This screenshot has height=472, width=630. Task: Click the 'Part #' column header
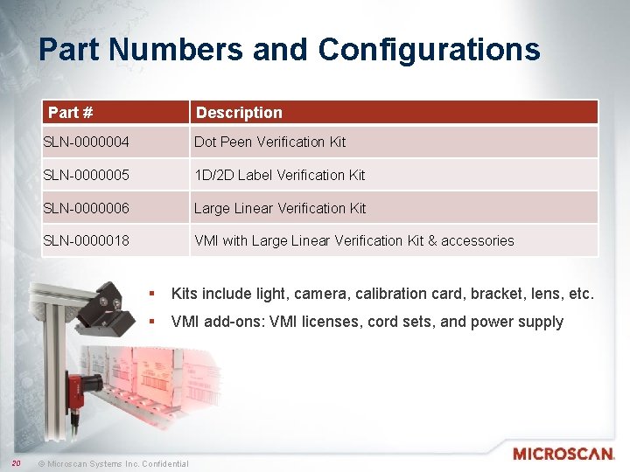[x=71, y=113]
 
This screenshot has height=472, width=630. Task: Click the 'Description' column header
[x=239, y=113]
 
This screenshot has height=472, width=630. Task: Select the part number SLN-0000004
[x=87, y=142]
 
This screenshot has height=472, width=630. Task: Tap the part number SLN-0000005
[x=87, y=175]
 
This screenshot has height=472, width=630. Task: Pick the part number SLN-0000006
[x=87, y=208]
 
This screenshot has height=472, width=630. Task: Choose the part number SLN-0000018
[x=87, y=240]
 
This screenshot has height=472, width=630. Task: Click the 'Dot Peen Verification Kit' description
[x=269, y=142]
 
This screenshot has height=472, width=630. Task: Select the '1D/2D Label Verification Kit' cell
[x=279, y=175]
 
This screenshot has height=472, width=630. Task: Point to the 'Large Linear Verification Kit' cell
[x=280, y=208]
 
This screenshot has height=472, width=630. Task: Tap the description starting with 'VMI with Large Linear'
[x=354, y=240]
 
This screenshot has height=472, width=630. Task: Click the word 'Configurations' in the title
[x=429, y=50]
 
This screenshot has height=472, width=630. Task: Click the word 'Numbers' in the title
[x=180, y=50]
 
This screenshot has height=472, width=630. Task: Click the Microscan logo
[x=563, y=454]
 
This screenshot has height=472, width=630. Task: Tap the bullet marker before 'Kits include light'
[x=152, y=294]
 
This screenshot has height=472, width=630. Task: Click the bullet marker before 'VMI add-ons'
[x=152, y=322]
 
